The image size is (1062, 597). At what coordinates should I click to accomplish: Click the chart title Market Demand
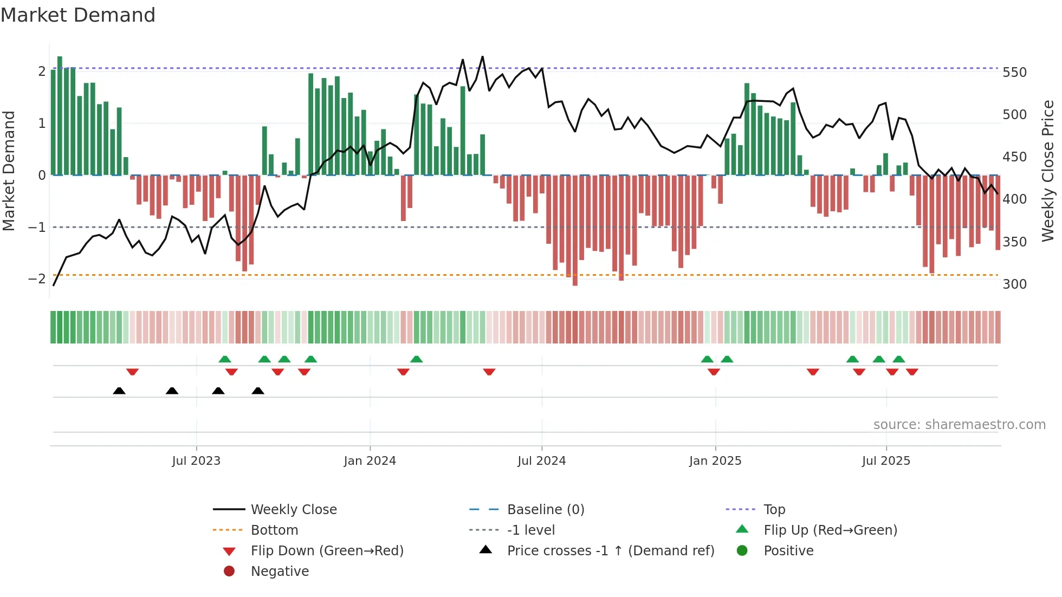point(78,15)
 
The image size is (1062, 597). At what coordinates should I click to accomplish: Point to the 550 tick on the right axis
point(1014,73)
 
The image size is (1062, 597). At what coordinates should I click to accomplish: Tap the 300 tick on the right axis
point(1014,284)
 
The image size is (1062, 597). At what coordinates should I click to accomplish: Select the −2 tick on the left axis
point(37,279)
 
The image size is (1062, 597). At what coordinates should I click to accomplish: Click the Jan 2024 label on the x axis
point(370,461)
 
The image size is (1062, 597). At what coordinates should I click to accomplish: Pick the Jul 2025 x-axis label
point(886,461)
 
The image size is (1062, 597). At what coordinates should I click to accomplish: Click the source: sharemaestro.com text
point(959,425)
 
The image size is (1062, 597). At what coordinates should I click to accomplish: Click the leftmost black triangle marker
point(119,391)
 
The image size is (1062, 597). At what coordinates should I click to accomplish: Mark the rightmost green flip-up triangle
point(899,359)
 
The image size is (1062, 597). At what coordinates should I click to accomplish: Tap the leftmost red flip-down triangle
point(132,372)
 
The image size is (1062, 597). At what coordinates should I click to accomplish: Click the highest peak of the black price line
point(482,57)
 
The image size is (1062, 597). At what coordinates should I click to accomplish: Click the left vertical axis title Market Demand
point(9,171)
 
